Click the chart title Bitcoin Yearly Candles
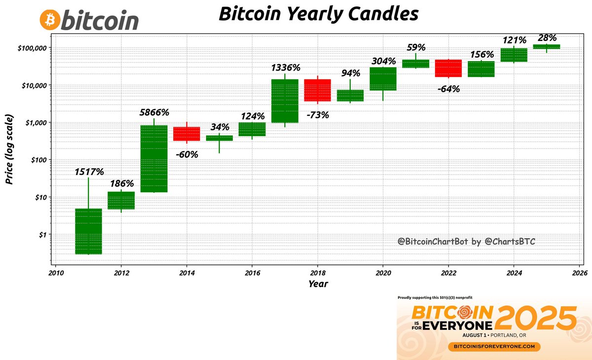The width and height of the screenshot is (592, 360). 318,14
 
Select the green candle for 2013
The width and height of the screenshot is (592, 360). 154,158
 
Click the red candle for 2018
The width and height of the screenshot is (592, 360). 318,90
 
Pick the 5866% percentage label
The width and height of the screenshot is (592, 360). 154,112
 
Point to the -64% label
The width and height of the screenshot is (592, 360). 448,89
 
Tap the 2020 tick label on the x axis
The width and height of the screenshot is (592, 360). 383,272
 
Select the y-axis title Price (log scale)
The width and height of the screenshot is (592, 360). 9,149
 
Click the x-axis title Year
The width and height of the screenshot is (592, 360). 318,284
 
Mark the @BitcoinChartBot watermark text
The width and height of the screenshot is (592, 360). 466,242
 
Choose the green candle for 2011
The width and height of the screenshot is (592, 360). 88,231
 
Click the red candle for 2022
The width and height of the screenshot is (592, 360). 448,68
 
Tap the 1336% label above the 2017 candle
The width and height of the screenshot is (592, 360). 285,68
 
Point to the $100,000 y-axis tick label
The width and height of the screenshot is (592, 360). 30,48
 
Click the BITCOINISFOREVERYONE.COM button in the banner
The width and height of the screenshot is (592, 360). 494,347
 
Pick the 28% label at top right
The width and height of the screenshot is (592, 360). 547,38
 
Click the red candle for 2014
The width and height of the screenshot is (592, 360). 186,134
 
